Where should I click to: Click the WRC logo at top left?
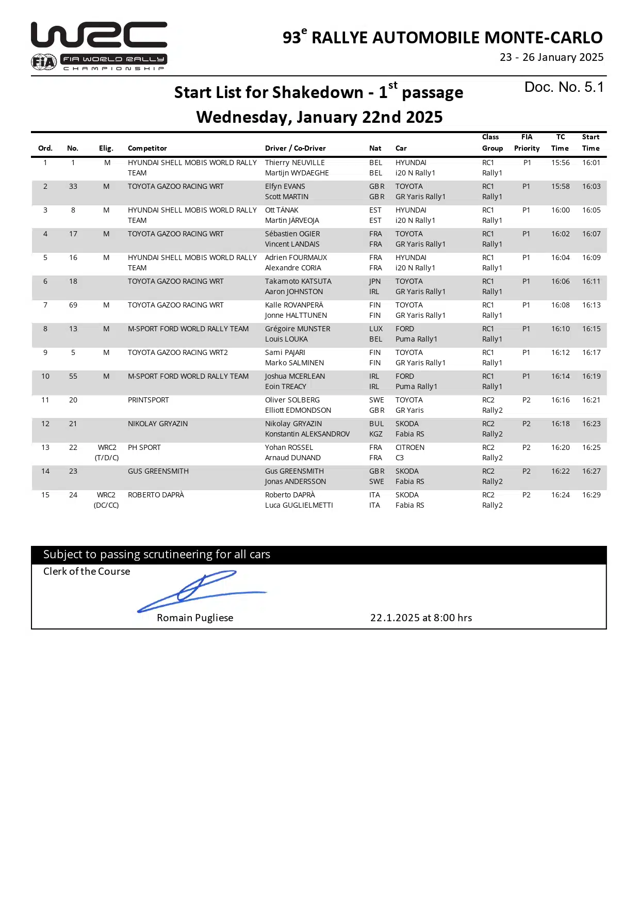tap(99, 45)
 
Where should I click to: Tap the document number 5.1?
tap(564, 87)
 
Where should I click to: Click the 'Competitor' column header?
tap(147, 148)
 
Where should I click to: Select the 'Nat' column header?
tap(375, 148)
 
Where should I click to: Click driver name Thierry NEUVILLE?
tap(294, 163)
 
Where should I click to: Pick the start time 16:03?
tap(591, 186)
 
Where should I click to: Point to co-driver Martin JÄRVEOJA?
tap(292, 220)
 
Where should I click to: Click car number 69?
tap(73, 305)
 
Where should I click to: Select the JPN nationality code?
tap(375, 281)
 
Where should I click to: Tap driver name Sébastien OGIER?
tap(292, 234)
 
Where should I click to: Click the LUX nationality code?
tap(376, 329)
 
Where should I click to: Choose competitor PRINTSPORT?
tap(149, 400)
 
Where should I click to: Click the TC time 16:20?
tap(560, 447)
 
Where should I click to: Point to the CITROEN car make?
tap(410, 447)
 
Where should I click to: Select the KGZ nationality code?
tap(376, 434)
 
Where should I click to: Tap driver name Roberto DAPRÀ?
tap(290, 495)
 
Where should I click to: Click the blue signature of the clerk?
tap(201, 591)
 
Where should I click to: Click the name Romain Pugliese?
tap(195, 618)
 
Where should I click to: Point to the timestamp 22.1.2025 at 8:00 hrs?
tap(421, 618)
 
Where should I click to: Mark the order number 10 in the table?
tap(45, 376)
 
